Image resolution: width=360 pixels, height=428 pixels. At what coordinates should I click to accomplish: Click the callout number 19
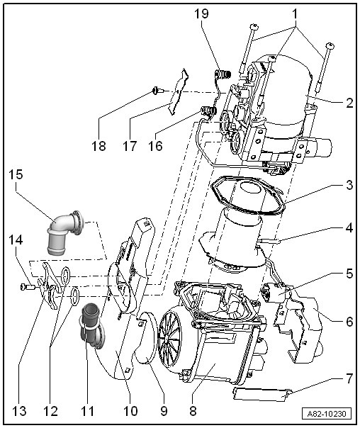(201, 13)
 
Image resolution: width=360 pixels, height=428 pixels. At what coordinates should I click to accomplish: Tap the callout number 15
(16, 175)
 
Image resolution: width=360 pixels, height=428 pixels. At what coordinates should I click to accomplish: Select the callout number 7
(349, 379)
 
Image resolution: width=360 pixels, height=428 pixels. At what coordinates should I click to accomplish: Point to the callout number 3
(349, 185)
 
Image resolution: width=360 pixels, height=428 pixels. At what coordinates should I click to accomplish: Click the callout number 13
(19, 411)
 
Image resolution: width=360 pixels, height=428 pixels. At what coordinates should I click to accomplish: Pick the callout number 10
(130, 411)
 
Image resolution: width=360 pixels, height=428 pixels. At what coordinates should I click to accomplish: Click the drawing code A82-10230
(327, 414)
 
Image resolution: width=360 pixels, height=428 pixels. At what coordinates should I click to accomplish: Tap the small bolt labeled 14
(28, 286)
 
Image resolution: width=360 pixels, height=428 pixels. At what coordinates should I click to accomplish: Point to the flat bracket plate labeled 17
(179, 93)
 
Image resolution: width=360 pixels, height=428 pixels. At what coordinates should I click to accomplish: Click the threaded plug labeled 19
(223, 74)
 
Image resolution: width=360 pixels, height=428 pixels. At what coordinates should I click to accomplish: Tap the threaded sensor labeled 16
(208, 111)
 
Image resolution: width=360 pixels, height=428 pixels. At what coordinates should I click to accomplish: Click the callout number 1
(295, 14)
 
